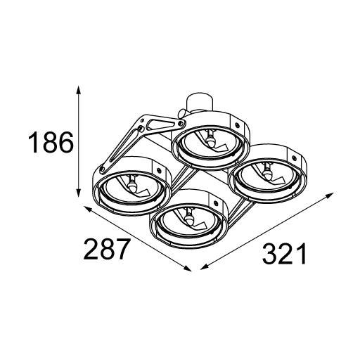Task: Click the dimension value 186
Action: coord(51,142)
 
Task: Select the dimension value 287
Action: coord(107,248)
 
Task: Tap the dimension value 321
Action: coord(284,253)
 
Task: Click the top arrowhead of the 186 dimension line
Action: coord(79,91)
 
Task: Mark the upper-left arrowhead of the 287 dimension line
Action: coord(88,209)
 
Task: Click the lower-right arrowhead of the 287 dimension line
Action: coord(188,269)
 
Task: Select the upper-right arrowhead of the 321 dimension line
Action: coord(329,195)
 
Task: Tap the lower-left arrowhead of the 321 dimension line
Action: coord(205,268)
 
